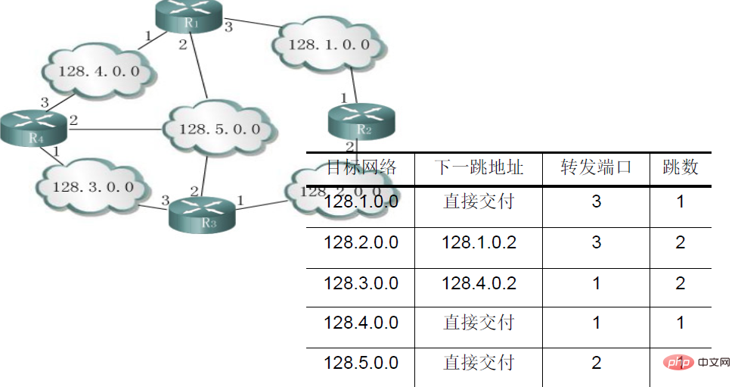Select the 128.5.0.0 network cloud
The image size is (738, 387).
coord(219,129)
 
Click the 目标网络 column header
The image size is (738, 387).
coord(361,167)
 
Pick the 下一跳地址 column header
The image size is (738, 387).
coord(478,167)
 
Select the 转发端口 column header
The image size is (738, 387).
coord(596,167)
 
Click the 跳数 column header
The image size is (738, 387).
coord(681,167)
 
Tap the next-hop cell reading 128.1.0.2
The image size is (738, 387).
coord(478,242)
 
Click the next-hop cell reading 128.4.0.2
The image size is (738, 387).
coord(478,283)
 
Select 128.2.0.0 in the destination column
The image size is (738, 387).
coord(361,242)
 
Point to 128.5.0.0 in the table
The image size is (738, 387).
coord(361,364)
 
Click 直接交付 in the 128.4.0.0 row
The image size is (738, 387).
coord(478,323)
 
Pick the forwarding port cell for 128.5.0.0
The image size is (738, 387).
coord(596,364)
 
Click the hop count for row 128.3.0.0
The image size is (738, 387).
coord(681,283)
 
